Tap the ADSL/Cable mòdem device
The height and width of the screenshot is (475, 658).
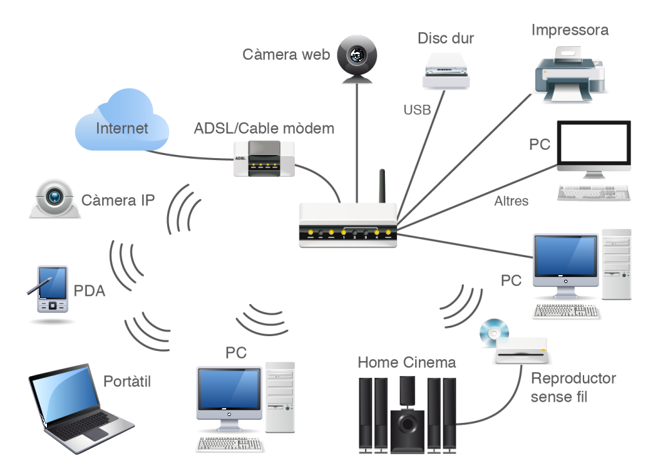(x=264, y=159)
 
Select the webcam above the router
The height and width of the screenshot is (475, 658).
(x=356, y=58)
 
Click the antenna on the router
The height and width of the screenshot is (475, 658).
(x=381, y=186)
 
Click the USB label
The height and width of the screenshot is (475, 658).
(x=417, y=110)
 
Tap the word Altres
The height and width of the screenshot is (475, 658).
(x=511, y=201)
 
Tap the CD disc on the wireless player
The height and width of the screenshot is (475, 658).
(x=494, y=330)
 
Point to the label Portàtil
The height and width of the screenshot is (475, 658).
(x=127, y=381)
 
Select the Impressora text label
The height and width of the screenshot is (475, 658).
(x=569, y=30)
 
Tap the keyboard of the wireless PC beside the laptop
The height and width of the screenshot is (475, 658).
(x=230, y=444)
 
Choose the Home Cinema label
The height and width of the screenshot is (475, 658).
(x=407, y=363)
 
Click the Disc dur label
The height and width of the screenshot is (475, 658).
(x=445, y=38)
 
